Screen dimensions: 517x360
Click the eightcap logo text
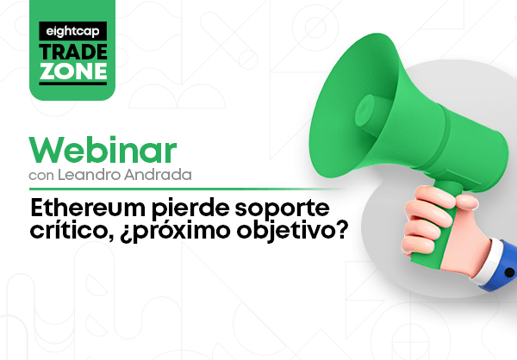click(x=72, y=32)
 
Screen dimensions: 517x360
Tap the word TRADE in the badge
click(x=73, y=52)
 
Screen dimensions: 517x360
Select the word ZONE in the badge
click(x=73, y=71)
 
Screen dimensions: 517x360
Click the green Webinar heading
click(x=103, y=150)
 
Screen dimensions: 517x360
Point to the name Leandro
click(x=89, y=175)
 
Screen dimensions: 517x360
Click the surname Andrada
click(x=158, y=175)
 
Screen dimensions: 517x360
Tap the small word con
click(x=41, y=176)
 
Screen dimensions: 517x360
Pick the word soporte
click(x=283, y=210)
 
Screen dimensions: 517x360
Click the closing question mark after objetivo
click(x=341, y=230)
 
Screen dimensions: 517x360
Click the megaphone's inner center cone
click(x=365, y=110)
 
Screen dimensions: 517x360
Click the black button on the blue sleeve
click(x=509, y=272)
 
